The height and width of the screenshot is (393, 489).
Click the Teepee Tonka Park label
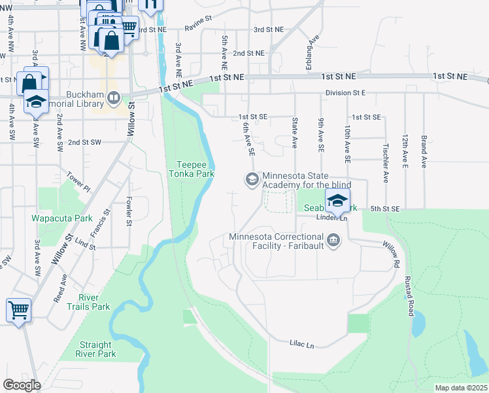coord(196,169)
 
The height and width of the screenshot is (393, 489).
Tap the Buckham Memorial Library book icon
coord(114,98)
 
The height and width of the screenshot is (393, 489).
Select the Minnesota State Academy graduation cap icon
coord(251,178)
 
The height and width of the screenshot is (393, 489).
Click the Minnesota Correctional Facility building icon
coord(333,240)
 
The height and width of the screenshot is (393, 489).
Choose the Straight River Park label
coord(97,349)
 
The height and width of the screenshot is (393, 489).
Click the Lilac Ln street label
coord(302,343)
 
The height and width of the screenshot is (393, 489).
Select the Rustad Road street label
coord(411,295)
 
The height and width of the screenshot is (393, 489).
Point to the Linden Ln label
coord(331,217)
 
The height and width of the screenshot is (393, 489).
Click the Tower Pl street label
coord(78,181)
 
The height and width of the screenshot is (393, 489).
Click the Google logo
coord(22,385)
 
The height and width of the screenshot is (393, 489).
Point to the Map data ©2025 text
coord(461,388)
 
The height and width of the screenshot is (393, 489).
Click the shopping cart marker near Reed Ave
coord(18,310)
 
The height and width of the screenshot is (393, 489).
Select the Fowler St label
coord(129,212)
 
